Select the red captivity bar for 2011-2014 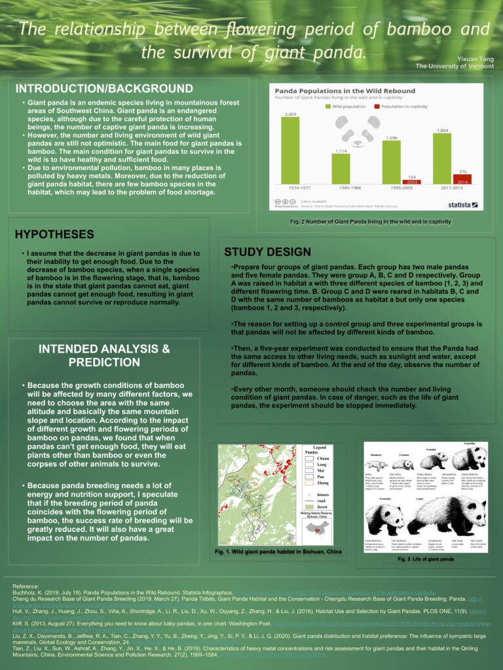[462, 179]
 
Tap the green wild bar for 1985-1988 [341, 169]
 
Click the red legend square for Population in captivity [377, 105]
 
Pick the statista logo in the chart [462, 205]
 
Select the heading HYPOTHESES [54, 234]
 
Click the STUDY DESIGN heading [267, 252]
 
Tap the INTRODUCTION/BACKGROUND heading [104, 88]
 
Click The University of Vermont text [455, 67]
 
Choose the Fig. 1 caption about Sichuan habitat [278, 552]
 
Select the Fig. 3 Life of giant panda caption [426, 559]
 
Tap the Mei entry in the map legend [321, 470]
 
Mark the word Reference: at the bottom [27, 586]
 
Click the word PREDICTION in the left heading [104, 362]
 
